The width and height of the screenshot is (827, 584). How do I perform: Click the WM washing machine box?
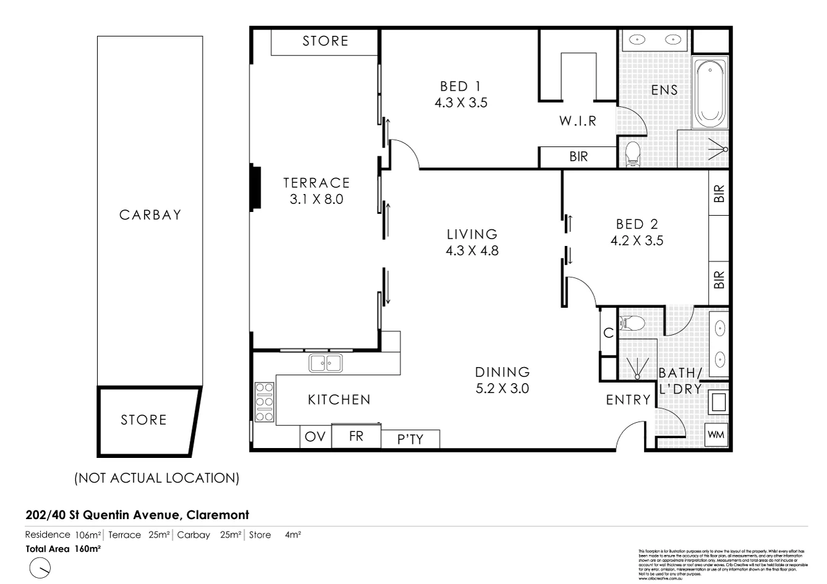716,435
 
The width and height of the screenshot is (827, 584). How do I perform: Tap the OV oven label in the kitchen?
315,437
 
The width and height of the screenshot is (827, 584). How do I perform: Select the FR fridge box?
356,436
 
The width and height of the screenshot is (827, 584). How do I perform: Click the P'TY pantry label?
410,439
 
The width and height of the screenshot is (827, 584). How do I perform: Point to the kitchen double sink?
326,363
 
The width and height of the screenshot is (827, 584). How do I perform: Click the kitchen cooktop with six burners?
264,402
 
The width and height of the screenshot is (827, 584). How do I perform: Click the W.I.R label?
578,121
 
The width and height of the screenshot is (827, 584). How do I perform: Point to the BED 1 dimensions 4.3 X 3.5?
460,103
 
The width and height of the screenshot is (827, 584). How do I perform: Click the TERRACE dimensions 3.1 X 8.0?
316,199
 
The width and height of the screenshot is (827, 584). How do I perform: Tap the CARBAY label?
150,215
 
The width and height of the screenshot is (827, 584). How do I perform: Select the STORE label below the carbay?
143,420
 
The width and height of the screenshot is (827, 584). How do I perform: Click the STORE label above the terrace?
325,41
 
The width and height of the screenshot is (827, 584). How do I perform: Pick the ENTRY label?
628,400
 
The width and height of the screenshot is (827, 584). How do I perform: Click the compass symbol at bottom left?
40,568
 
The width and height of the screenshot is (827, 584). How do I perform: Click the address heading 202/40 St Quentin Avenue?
137,515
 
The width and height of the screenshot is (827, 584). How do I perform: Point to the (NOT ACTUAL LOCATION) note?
156,478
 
